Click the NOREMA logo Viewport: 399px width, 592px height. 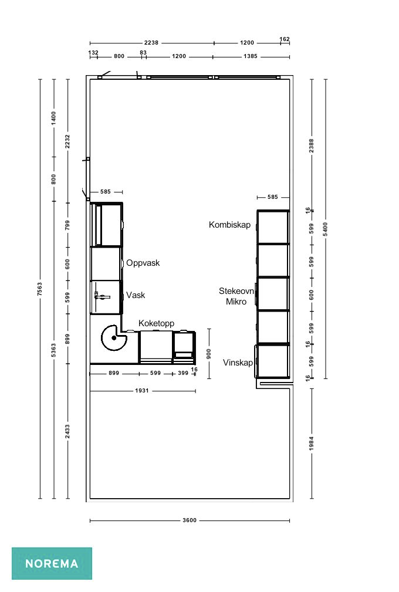52,563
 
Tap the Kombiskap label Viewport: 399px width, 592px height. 229,225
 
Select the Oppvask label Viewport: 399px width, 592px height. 143,263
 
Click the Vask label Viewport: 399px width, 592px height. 136,295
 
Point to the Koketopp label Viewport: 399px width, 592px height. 156,323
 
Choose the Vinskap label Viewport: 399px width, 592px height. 238,363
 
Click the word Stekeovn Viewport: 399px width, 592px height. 236,291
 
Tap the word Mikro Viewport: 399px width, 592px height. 236,302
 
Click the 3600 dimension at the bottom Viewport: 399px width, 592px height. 190,520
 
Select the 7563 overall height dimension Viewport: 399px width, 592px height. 40,289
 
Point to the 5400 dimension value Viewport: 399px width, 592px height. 326,229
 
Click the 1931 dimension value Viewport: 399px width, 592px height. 142,391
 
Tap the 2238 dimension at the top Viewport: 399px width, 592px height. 151,43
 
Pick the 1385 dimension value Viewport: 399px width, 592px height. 251,56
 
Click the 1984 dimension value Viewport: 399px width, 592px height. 312,443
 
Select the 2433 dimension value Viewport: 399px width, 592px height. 67,432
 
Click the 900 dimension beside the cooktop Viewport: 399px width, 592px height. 209,354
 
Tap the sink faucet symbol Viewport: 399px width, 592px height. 102,297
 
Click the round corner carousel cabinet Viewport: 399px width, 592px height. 114,338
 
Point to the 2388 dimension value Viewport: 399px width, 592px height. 312,146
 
